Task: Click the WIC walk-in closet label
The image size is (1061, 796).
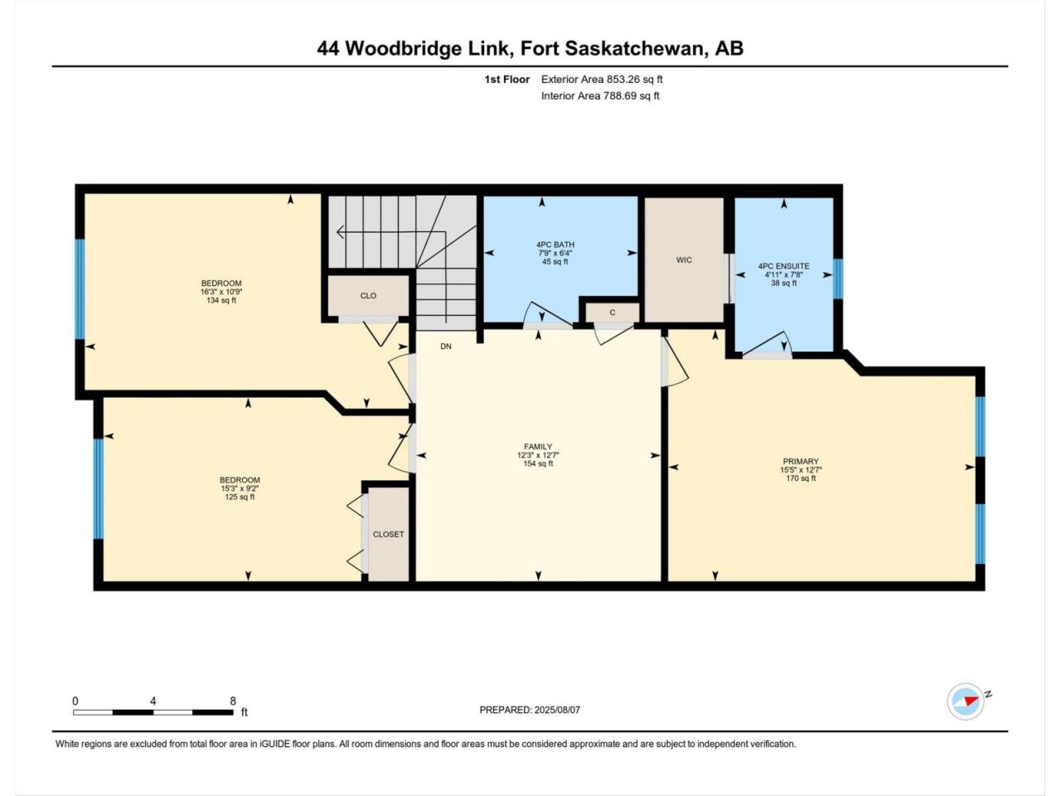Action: (x=684, y=260)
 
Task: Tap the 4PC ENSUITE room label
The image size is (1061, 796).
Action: (x=783, y=266)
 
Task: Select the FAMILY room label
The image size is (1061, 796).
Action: (x=538, y=447)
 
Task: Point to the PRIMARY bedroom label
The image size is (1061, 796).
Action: (x=801, y=461)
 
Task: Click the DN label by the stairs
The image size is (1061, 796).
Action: (x=446, y=346)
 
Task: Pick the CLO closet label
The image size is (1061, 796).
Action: (x=368, y=296)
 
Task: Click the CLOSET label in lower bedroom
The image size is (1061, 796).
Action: (x=388, y=534)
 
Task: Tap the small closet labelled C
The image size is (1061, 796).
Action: (x=613, y=313)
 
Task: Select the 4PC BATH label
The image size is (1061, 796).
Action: (x=555, y=245)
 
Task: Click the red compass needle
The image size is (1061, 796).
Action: (x=971, y=701)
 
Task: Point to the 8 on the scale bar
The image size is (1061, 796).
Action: (x=233, y=701)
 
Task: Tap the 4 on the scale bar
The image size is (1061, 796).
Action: (x=153, y=701)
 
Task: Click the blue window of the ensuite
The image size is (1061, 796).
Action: (x=838, y=279)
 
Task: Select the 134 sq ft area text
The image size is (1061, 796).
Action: (x=220, y=300)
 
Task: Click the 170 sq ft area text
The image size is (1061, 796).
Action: (x=801, y=478)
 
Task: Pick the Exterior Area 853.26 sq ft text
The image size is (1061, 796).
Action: (x=602, y=80)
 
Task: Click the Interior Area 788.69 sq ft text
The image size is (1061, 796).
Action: (x=600, y=95)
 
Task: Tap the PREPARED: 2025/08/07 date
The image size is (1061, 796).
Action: (x=530, y=710)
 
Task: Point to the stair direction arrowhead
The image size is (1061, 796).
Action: (x=341, y=232)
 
